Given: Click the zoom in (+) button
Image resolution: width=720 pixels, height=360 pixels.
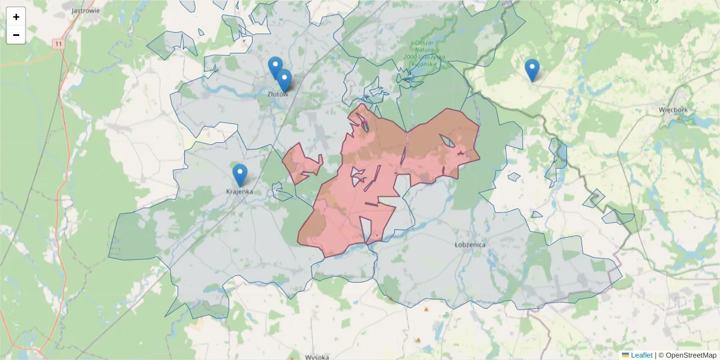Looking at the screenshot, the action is pos(16,17).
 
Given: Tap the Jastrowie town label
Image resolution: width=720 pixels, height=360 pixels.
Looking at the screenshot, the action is pos(85,10).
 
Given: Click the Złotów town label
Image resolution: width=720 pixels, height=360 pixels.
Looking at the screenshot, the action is pos(278,94).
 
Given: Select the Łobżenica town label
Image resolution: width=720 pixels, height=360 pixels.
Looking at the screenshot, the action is pos(470,245).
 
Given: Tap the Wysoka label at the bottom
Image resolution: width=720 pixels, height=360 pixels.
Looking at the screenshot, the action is pos(317,357).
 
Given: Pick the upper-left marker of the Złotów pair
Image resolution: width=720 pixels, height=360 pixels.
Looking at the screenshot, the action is pos(275,68).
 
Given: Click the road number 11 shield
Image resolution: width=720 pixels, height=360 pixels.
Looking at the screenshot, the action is pos(58,44).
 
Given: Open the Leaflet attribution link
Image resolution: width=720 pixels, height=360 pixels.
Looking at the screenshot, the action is pos(641,355).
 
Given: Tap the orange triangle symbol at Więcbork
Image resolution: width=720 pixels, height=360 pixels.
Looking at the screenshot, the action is pos(679,119).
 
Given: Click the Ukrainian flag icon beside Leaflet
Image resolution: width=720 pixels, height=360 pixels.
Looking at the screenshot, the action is pos(626,355).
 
